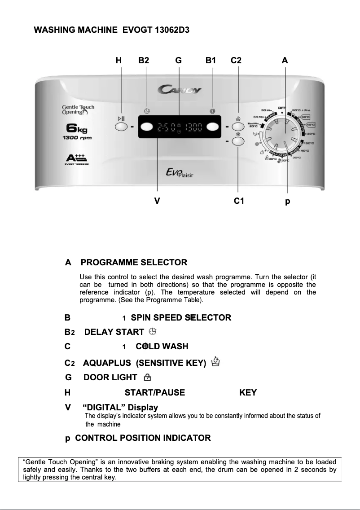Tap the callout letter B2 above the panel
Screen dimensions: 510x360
(144, 60)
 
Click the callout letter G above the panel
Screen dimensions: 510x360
(179, 60)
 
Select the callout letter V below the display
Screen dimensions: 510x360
(157, 201)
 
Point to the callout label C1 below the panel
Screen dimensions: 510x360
(239, 201)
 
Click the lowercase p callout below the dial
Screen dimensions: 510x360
(288, 202)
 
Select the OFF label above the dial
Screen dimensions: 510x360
(282, 108)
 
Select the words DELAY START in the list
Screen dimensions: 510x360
(114, 332)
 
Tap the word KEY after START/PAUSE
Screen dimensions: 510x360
(248, 393)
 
